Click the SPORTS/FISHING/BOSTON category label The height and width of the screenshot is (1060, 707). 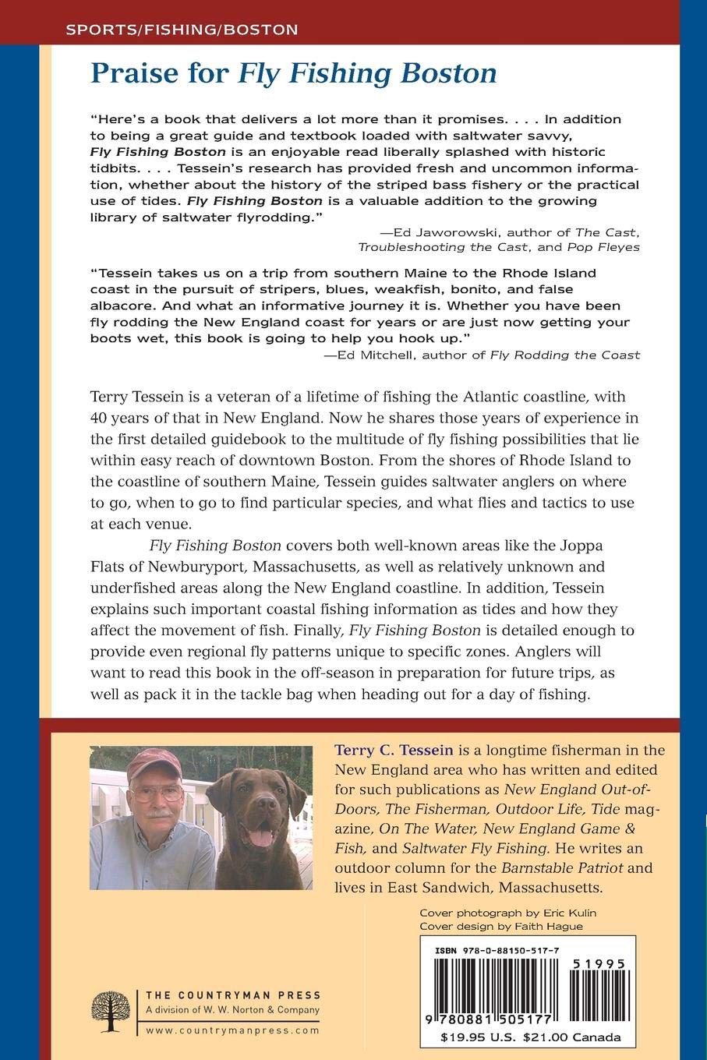coord(182,30)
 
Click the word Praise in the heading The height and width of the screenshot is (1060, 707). coord(129,74)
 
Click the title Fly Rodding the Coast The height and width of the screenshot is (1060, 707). coord(565,355)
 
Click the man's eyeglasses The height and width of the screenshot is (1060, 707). coord(157,794)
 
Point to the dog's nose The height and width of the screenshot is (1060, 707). coord(260,825)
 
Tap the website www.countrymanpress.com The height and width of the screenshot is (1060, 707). coord(232,1030)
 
